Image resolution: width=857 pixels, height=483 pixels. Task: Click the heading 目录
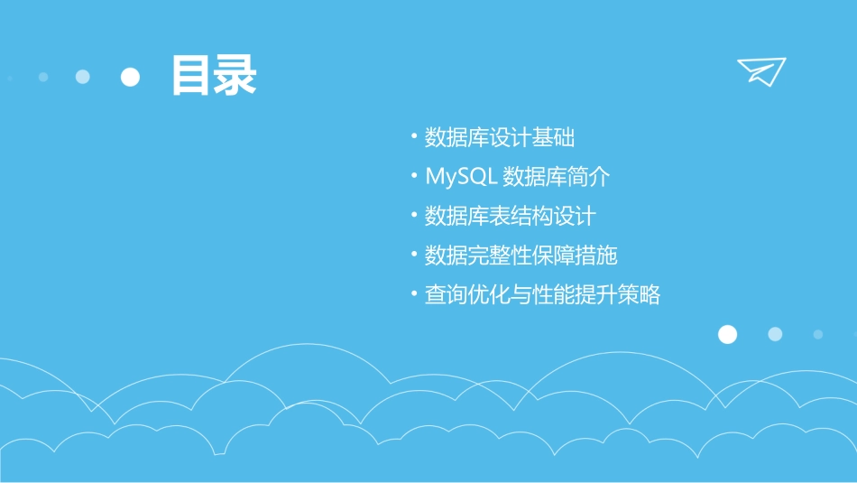[x=214, y=76]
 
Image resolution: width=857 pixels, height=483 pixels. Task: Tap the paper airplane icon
[x=761, y=71]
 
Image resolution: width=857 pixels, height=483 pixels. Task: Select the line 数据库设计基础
[x=500, y=138]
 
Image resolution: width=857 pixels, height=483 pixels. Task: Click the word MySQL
[x=461, y=177]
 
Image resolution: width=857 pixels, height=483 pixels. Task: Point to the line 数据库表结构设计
[x=510, y=217]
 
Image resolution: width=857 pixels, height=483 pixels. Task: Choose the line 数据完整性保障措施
[x=521, y=255]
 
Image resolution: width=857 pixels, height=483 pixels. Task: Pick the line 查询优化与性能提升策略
[x=542, y=295]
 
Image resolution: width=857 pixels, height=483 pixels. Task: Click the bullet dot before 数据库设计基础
[x=413, y=138]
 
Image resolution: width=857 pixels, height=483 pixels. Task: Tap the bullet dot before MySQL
[x=413, y=177]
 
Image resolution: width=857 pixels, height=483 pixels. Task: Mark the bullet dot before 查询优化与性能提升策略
[x=413, y=295]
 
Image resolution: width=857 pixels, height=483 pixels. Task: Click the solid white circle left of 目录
[x=131, y=78]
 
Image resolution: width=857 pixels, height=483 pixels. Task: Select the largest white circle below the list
[x=727, y=335]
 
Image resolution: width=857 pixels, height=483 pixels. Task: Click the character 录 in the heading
[x=235, y=76]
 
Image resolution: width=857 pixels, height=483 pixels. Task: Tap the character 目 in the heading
[x=192, y=76]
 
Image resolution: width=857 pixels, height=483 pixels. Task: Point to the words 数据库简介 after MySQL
[x=557, y=177]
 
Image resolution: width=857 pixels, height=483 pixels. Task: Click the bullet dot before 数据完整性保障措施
[x=413, y=255]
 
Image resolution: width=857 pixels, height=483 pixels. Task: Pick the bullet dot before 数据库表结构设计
[x=413, y=217]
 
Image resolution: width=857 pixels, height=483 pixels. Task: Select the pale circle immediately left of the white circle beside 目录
[x=83, y=78]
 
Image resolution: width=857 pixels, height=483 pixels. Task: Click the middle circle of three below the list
[x=775, y=335]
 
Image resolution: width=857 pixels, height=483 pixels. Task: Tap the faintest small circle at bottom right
[x=817, y=335]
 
